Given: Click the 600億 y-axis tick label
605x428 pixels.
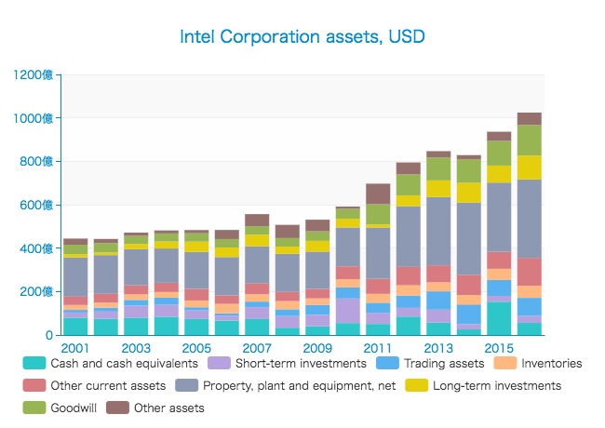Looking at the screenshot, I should coord(40,205).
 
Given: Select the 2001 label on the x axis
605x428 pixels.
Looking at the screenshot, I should coord(75,348).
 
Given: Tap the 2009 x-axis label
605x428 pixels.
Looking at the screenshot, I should coord(317,348).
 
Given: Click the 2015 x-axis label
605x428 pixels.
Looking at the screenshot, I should coord(499,348).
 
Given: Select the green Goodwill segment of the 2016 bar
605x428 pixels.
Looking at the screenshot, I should coord(530,140).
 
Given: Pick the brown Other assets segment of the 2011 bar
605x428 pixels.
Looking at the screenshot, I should coord(378,194).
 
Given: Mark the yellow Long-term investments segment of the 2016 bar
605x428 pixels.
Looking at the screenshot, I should coord(530,167).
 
